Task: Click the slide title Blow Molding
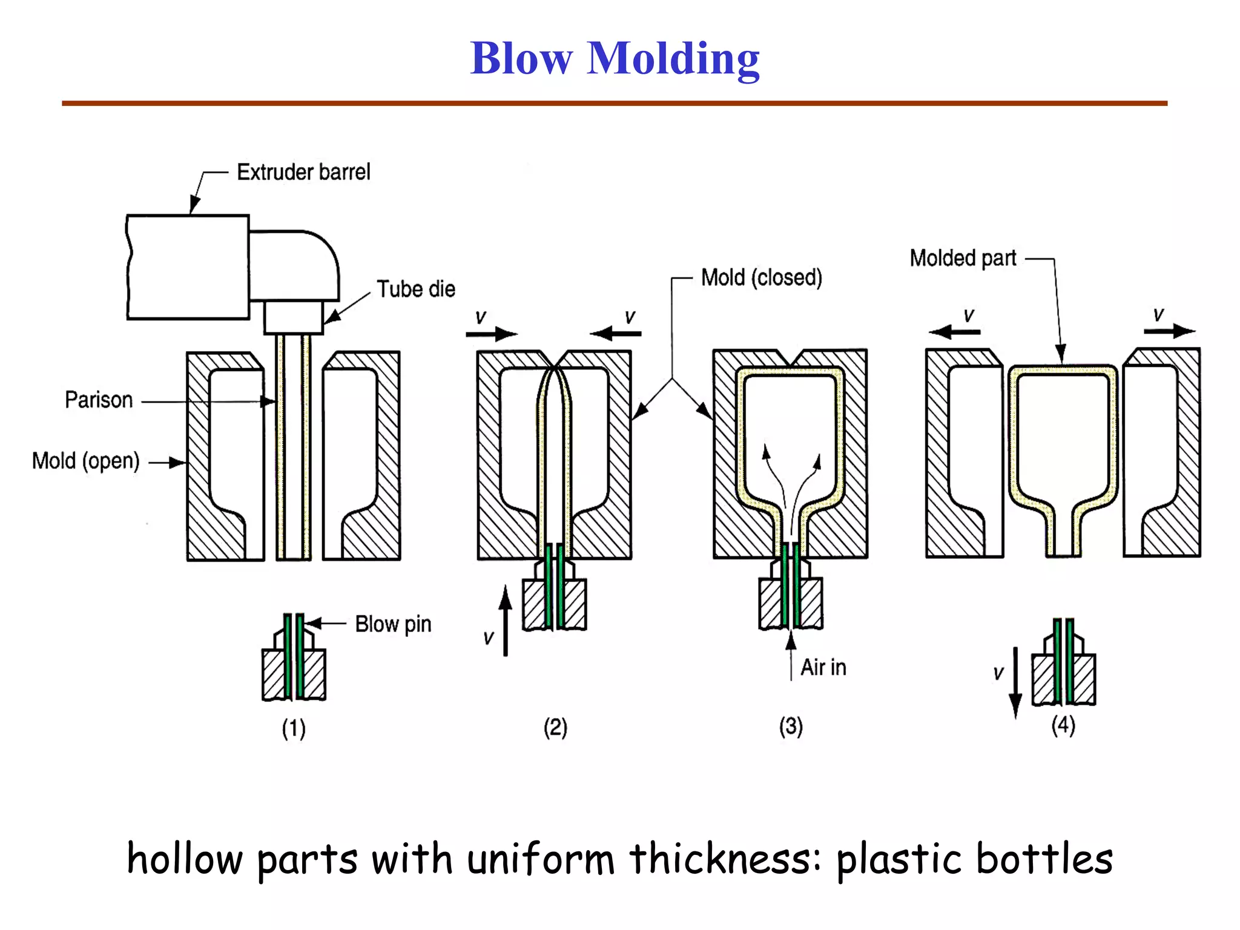point(615,59)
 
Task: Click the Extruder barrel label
point(303,173)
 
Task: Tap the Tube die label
point(416,289)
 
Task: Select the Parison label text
point(99,400)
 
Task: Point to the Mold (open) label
point(85,461)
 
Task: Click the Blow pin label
point(393,624)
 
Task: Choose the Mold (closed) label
point(761,278)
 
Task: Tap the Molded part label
point(963,259)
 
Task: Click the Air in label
point(823,668)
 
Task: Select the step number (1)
point(294,728)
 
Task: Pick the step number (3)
point(791,726)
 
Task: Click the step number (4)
point(1063,725)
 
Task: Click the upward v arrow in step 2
point(506,621)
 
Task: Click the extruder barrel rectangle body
point(188,267)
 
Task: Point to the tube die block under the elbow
point(294,317)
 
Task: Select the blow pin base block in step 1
point(294,674)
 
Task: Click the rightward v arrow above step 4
point(1169,331)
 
